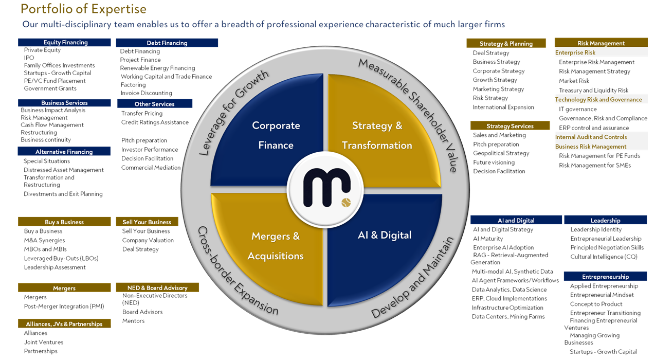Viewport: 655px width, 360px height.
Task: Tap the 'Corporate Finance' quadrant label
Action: coord(276,135)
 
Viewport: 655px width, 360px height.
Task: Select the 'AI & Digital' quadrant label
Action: coord(385,235)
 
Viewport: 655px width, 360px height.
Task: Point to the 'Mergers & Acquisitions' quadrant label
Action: coord(276,246)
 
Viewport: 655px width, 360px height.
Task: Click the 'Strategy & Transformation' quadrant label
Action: coord(377,135)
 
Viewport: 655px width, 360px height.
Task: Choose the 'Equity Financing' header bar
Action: coord(65,42)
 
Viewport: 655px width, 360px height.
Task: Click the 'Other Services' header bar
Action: coord(154,104)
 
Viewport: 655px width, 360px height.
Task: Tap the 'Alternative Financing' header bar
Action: coord(64,152)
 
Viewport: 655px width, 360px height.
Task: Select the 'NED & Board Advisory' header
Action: coord(157,288)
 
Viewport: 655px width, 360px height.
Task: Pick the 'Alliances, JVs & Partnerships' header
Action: coord(64,324)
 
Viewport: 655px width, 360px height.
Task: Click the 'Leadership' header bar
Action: coord(605,220)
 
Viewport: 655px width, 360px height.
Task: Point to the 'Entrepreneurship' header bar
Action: coord(605,277)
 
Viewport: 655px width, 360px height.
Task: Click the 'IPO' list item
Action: coord(29,58)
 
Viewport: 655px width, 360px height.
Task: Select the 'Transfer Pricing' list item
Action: coord(142,113)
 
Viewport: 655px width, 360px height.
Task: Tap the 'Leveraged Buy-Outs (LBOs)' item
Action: coord(61,258)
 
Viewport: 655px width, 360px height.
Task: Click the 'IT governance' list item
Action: coord(578,109)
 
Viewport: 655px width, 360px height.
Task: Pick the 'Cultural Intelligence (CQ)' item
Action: coord(604,257)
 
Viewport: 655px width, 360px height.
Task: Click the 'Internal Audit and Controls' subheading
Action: coord(591,137)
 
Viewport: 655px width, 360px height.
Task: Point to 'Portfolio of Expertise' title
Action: coord(83,9)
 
